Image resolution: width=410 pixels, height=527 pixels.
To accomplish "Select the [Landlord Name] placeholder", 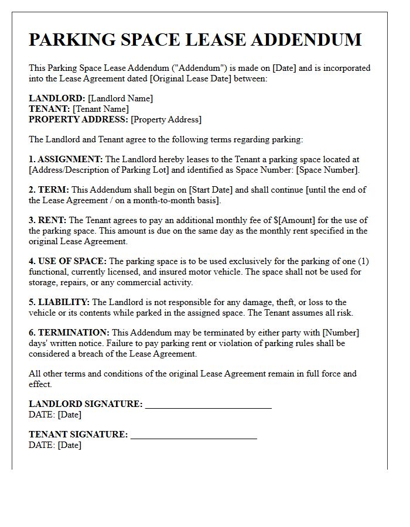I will pos(121,98).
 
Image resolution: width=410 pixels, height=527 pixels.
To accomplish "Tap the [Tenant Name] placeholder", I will pos(101,109).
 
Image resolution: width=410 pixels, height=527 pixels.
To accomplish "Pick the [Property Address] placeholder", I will pos(166,119).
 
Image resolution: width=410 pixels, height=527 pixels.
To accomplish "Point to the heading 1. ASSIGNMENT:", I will pos(66,159).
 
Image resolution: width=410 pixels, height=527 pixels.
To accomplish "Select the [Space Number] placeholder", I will pos(329,170).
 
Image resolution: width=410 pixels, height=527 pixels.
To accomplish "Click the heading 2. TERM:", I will pos(49,190).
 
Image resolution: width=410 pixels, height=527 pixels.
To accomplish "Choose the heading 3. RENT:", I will pos(48,220).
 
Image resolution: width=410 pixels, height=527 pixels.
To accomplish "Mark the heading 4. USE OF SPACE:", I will pos(68,261).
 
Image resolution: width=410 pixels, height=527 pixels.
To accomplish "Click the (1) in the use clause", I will pos(363,261).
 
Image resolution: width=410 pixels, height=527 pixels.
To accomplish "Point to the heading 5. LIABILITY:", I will pos(59,302).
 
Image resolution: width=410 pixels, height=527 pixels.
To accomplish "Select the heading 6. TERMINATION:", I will pos(69,333).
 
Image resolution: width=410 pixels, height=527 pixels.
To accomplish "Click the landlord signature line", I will pos(209,405).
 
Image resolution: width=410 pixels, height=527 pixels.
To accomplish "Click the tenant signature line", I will pos(194,435).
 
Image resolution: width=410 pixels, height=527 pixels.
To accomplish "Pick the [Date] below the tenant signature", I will pos(69,445).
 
